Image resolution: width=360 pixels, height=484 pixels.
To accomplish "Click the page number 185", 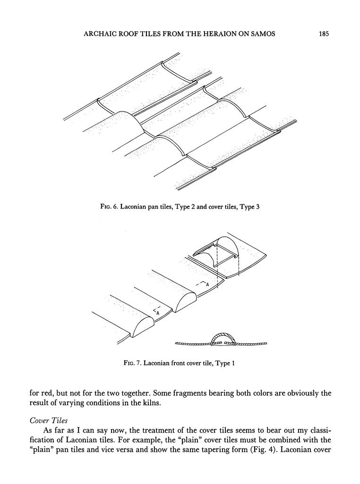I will point(323,34).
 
